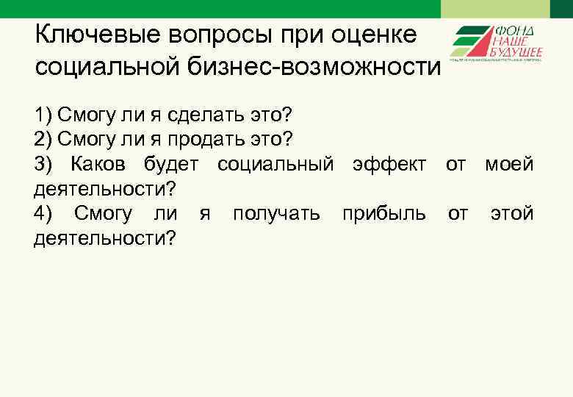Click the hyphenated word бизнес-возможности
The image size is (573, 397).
(309, 68)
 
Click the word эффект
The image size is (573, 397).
(389, 164)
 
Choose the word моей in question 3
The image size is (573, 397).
(509, 164)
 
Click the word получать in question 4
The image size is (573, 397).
(276, 213)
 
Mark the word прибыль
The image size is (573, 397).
(383, 213)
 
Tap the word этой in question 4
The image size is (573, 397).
(512, 213)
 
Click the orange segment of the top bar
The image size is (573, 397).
(495, 8)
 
